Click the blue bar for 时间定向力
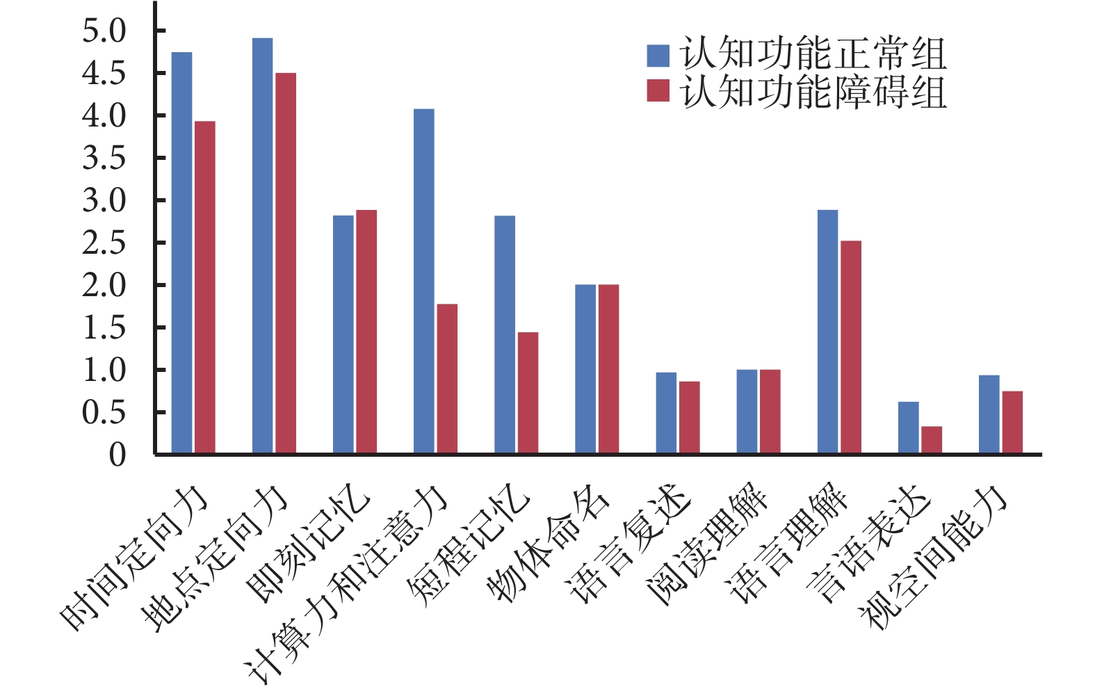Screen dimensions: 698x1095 [x=181, y=253]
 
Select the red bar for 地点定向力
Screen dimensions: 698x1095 [x=286, y=263]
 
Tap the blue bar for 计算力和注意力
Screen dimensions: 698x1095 [x=423, y=282]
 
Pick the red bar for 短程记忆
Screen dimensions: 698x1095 [x=528, y=393]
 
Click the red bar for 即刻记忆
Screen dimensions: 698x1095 [x=366, y=332]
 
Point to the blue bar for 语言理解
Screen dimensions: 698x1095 [x=827, y=332]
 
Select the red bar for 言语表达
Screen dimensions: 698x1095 [x=932, y=440]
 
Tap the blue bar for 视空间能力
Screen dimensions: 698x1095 [x=989, y=414]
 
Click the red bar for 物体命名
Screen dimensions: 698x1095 [x=608, y=369]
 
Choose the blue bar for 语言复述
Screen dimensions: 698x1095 [x=666, y=413]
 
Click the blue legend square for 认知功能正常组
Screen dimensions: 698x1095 [x=658, y=56]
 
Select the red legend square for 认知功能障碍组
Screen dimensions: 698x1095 [x=658, y=91]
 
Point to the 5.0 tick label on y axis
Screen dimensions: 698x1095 [x=104, y=31]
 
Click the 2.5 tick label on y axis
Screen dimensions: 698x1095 [x=104, y=243]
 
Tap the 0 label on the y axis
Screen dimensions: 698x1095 [x=117, y=455]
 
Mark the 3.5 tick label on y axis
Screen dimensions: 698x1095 [x=104, y=159]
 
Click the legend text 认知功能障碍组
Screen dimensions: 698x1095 [x=813, y=92]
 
